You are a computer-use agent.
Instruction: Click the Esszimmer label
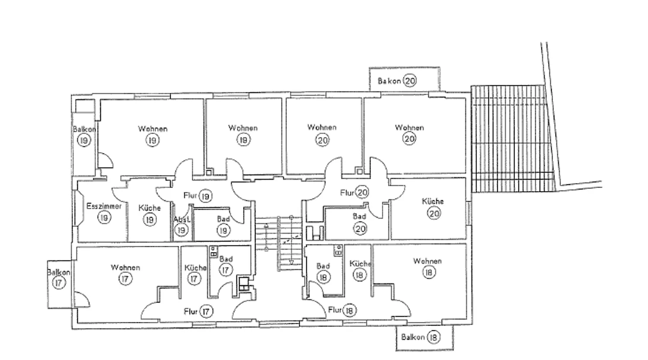click(104, 206)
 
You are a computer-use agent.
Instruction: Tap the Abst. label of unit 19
click(182, 220)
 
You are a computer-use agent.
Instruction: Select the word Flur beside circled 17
click(191, 312)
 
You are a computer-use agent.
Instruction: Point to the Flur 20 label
click(354, 192)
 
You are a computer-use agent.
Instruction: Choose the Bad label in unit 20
click(359, 216)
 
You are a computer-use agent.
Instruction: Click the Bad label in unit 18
click(323, 266)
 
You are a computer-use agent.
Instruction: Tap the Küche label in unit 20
click(433, 201)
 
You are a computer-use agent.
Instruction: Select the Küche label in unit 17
click(196, 268)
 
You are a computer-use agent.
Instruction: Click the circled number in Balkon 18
click(434, 337)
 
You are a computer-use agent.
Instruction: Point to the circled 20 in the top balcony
click(410, 80)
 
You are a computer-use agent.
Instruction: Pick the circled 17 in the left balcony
click(59, 283)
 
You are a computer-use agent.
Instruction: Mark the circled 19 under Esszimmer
click(104, 217)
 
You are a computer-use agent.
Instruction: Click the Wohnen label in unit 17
click(125, 268)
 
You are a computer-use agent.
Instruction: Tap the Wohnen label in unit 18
click(427, 261)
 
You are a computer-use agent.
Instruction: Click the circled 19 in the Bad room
click(223, 230)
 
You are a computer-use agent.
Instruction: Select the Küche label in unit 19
click(149, 208)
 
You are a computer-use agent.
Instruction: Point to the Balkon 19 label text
click(84, 129)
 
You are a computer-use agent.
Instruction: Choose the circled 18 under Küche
click(359, 274)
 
